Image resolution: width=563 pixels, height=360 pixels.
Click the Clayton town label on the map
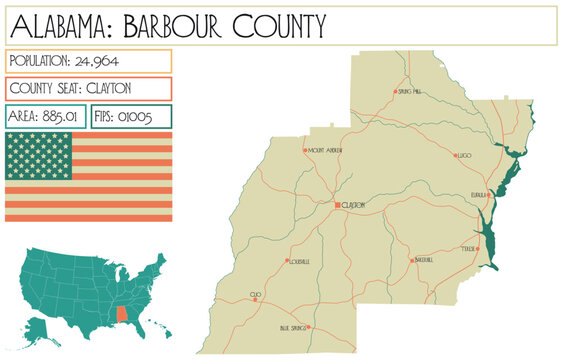click(353, 205)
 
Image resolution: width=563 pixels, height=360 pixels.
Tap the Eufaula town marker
click(489, 195)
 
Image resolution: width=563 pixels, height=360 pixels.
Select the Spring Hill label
click(410, 91)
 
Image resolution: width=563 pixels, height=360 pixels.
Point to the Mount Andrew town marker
click(305, 151)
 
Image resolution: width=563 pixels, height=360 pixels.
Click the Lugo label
click(464, 156)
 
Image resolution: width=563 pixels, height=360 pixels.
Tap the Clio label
click(256, 295)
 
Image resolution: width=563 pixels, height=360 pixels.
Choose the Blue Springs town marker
click(309, 327)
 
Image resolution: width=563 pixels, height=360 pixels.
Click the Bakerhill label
click(423, 260)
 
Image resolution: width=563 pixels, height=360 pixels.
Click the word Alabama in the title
click(54, 24)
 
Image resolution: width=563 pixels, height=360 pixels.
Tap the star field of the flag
click(38, 155)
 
